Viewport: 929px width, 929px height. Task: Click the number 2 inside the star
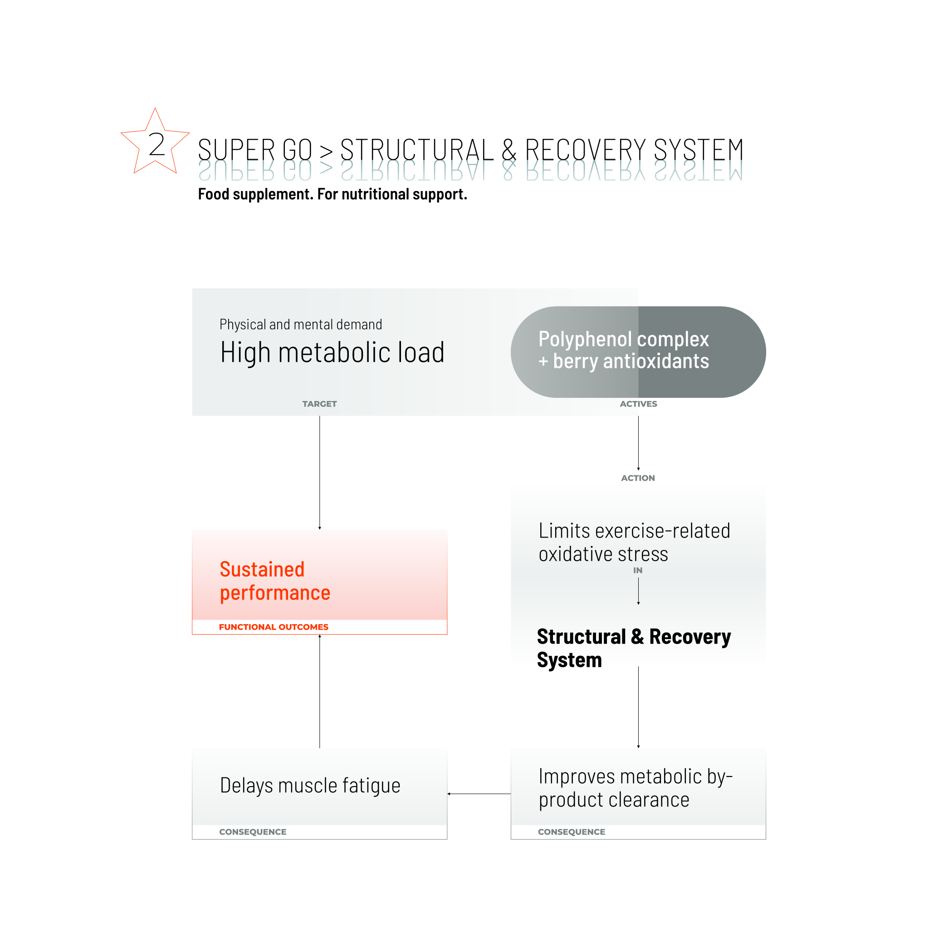coord(157,144)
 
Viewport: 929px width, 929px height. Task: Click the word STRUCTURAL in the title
coord(417,150)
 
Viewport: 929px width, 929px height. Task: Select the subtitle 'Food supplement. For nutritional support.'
coord(332,194)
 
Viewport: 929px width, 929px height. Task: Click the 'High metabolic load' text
coord(332,352)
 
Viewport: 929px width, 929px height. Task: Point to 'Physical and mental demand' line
coord(301,325)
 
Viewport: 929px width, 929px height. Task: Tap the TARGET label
coord(319,404)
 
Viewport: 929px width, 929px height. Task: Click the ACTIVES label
coord(638,404)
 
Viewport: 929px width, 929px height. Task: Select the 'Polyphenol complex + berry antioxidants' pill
coord(638,352)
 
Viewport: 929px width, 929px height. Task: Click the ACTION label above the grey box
coord(638,478)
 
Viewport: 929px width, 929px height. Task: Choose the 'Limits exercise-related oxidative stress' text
coord(634,543)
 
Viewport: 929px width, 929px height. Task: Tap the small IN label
coord(638,570)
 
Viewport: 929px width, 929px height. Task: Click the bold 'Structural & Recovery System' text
coord(633,648)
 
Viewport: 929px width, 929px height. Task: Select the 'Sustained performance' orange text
coord(275,581)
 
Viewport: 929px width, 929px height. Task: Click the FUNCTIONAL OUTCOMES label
coord(274,627)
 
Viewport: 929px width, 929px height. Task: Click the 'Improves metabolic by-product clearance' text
coord(635,788)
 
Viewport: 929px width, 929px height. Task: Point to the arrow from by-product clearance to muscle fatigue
coord(479,794)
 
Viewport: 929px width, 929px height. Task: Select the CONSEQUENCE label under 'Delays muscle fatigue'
coord(253,832)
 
